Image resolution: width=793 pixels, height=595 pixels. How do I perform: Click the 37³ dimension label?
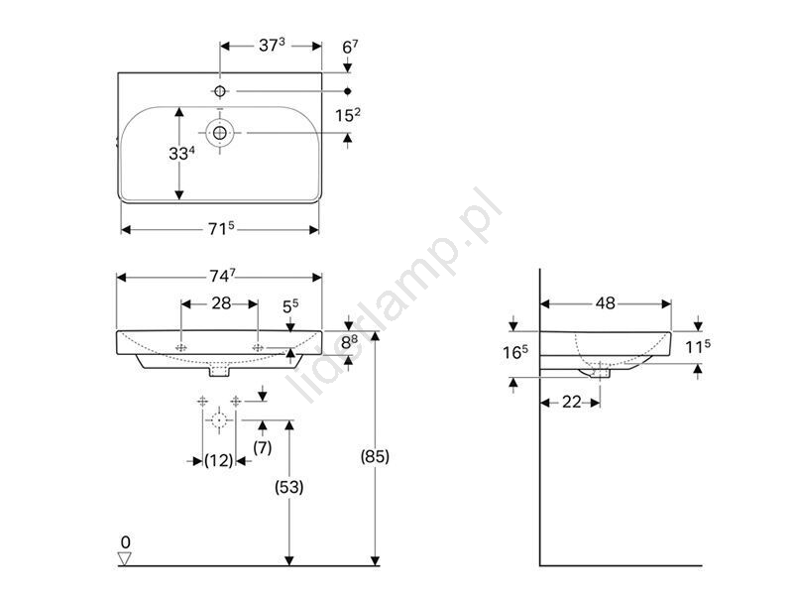[272, 45]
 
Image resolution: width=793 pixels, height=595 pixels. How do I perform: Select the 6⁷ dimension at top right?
[350, 47]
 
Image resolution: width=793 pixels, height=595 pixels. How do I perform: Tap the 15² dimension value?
[348, 115]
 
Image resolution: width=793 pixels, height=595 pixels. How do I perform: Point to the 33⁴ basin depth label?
[182, 153]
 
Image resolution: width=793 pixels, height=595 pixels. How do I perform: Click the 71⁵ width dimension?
[221, 229]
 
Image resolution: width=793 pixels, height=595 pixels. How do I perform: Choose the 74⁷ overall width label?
[222, 276]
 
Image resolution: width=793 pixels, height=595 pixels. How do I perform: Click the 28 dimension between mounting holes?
[221, 303]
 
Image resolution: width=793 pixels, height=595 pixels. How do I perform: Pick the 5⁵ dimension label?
[290, 306]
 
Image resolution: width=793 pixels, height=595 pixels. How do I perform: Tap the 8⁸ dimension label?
[349, 342]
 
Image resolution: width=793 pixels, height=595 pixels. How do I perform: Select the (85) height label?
[375, 456]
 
